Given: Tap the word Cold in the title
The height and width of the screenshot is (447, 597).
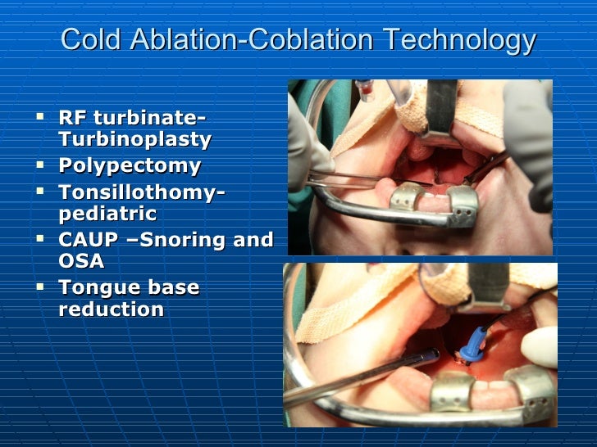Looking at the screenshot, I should click(86, 39).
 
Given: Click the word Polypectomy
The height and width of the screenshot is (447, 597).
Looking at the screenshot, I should click(130, 165).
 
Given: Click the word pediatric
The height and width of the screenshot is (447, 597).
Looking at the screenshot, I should click(107, 214).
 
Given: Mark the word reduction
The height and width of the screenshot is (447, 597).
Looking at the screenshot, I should click(112, 309).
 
